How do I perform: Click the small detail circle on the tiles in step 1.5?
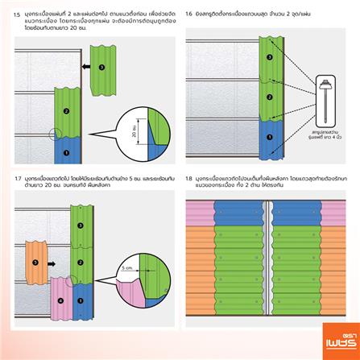coord(53,134)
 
